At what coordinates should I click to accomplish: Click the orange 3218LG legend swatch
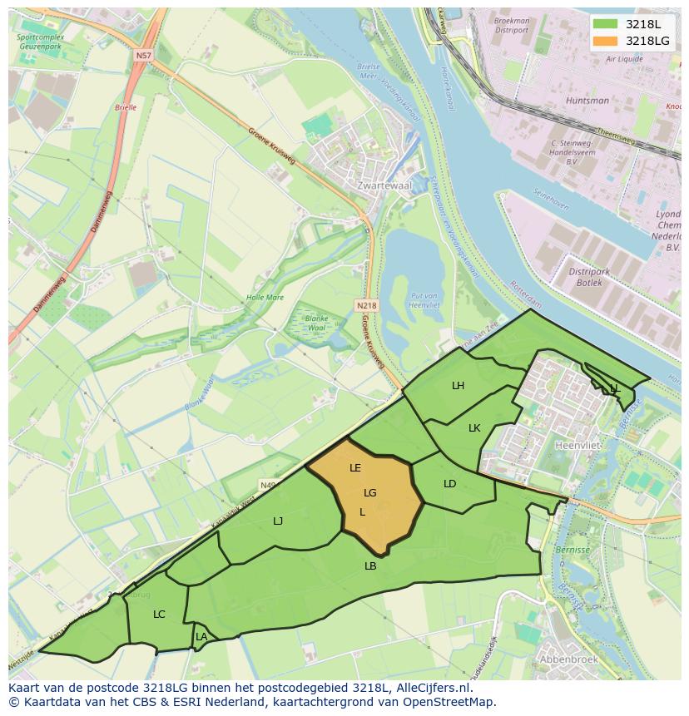point(605,40)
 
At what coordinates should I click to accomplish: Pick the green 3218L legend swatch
point(605,24)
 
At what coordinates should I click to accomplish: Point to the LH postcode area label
point(458,386)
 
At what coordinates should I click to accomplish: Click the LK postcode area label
point(474,428)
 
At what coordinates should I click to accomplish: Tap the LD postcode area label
point(449,484)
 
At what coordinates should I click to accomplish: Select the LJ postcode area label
point(278,521)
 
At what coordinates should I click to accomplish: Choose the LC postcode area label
point(159,615)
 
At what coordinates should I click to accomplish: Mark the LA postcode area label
point(201,637)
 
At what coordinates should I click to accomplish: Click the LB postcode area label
point(370,566)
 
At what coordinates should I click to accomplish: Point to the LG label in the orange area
point(370,493)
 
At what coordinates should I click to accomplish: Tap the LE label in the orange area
point(355,468)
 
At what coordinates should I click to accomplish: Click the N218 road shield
point(366,306)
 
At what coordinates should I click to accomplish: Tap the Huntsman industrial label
point(587,101)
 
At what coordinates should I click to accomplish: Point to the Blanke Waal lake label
point(316,323)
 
